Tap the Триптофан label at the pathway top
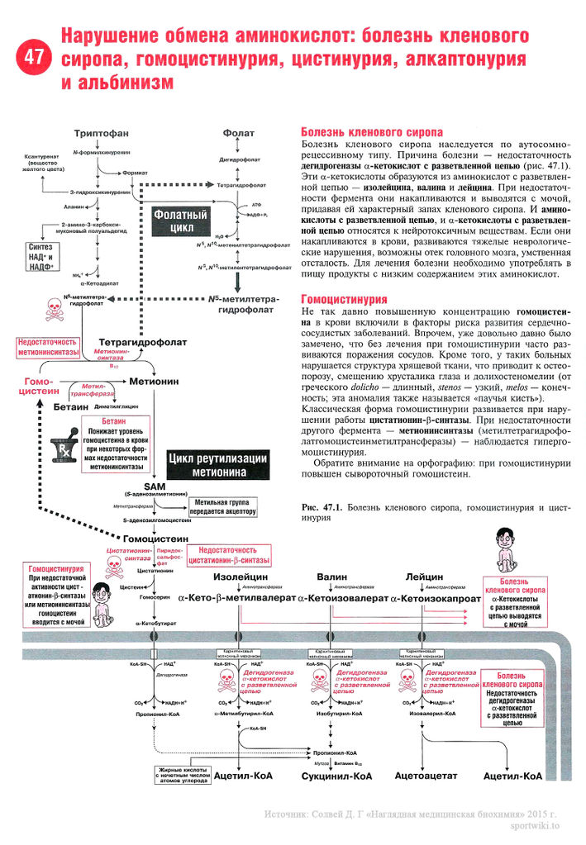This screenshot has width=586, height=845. [x=101, y=133]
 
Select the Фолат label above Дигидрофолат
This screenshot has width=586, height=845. [x=238, y=133]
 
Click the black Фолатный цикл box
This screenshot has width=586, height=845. [x=182, y=221]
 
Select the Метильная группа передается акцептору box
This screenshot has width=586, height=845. [x=222, y=506]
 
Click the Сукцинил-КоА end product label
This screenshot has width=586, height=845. [x=336, y=776]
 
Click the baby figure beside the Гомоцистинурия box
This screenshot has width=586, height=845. [x=101, y=601]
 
